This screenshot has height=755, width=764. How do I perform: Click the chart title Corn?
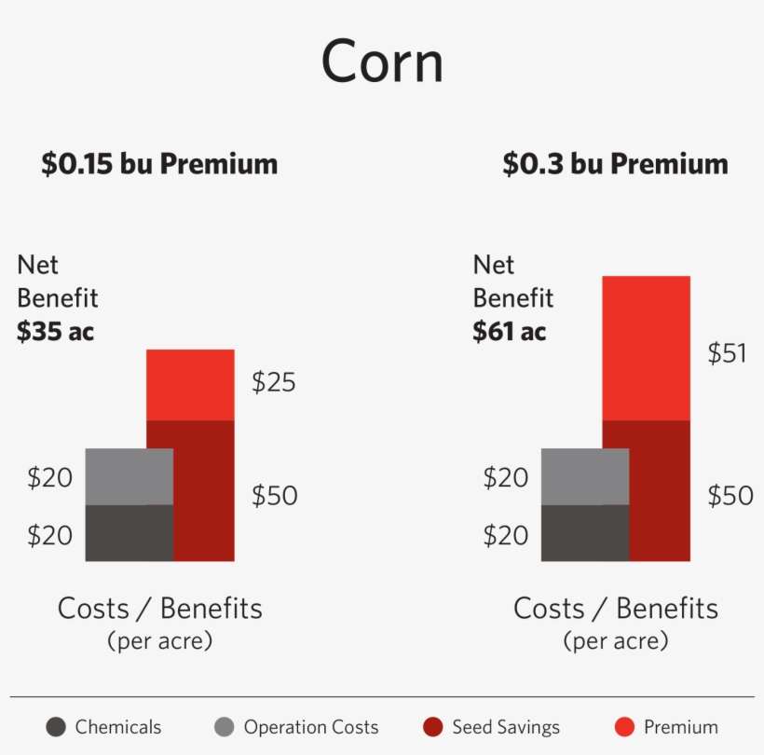(382, 64)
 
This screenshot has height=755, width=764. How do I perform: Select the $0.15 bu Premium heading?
(159, 165)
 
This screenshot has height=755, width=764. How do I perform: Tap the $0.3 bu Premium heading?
(615, 165)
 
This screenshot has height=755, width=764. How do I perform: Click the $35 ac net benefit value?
(56, 332)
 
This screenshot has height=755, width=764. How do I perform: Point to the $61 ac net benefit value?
(510, 332)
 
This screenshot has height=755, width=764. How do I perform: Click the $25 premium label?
(274, 382)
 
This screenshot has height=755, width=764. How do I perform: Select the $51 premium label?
(728, 354)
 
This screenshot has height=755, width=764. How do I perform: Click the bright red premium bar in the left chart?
(190, 385)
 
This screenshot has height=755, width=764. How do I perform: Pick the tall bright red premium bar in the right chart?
(646, 348)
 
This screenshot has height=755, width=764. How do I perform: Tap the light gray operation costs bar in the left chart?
(129, 476)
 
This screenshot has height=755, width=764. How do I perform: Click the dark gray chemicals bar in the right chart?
(584, 533)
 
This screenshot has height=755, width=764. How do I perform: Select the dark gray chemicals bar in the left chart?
(129, 533)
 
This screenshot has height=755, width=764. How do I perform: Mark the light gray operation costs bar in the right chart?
(584, 476)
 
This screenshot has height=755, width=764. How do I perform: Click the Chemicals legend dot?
(57, 728)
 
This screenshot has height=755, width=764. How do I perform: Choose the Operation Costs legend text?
(311, 728)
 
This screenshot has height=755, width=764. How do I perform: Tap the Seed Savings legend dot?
(432, 728)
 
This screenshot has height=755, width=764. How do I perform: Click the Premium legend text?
(681, 728)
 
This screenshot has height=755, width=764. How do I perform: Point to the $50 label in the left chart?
(274, 496)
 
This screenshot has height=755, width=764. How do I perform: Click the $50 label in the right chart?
(730, 496)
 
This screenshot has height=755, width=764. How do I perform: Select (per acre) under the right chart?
(615, 641)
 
